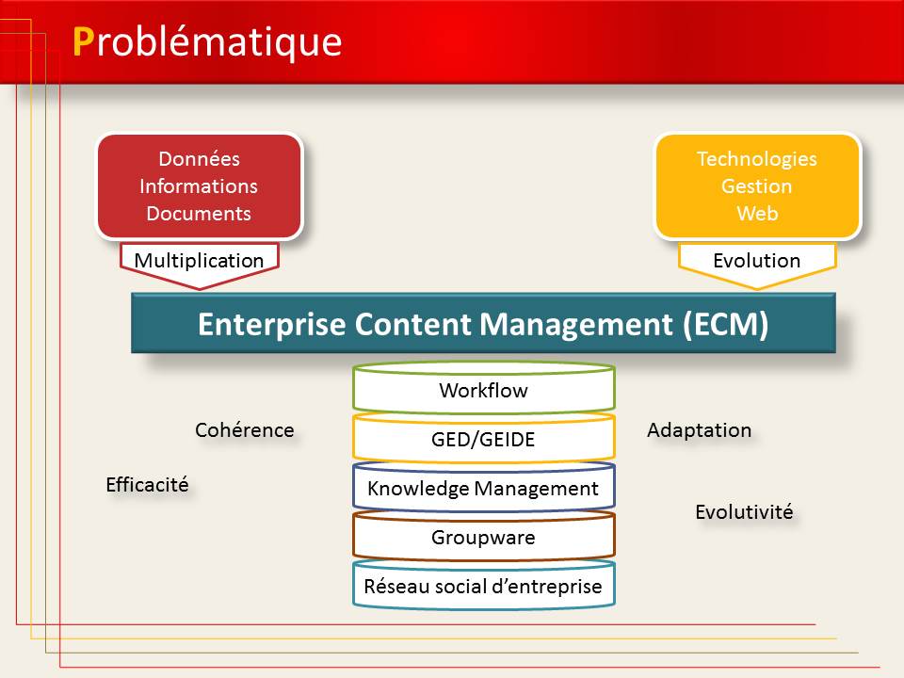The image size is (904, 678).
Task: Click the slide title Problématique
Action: [207, 42]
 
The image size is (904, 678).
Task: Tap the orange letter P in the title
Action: [83, 42]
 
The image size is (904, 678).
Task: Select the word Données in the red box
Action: [199, 158]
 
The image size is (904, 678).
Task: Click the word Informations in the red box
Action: [199, 186]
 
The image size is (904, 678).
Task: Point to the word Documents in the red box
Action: [199, 214]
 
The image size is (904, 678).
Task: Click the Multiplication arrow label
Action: [199, 261]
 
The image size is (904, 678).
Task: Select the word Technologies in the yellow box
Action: [757, 159]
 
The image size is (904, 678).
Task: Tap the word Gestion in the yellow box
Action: [756, 186]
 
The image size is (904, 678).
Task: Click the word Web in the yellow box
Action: [757, 214]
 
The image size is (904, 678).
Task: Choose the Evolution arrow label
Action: [756, 261]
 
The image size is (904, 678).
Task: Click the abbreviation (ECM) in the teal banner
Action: [725, 324]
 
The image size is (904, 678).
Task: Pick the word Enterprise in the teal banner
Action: [271, 324]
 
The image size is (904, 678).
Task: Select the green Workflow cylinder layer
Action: [484, 388]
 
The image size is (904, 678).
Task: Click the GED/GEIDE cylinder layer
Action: [484, 438]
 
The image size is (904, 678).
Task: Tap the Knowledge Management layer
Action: [484, 487]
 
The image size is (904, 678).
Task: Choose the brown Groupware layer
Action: [484, 536]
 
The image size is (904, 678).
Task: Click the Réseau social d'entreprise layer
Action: [484, 585]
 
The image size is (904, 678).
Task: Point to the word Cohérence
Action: [245, 430]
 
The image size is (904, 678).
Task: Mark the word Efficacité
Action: [147, 484]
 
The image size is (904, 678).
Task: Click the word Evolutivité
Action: [744, 512]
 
